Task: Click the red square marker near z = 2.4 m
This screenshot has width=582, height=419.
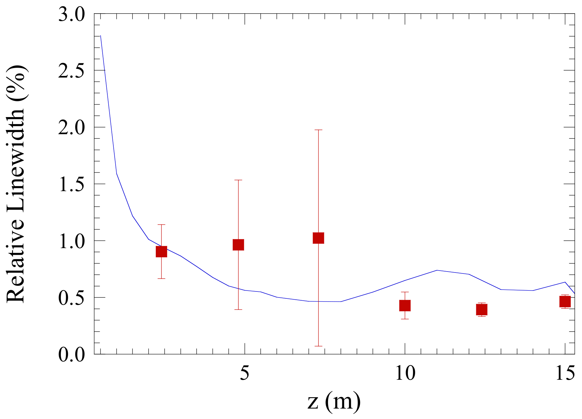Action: coord(161,252)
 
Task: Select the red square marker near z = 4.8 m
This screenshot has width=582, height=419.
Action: coord(238,245)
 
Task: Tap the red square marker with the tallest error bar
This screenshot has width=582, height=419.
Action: coord(318,238)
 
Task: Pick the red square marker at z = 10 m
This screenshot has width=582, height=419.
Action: coord(405,305)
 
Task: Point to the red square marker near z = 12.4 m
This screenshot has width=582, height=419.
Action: coord(482,310)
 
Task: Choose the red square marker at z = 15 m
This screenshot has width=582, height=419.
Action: coord(565,302)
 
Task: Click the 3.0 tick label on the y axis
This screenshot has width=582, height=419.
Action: coord(72,15)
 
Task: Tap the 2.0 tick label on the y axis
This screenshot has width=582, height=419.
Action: coord(72,128)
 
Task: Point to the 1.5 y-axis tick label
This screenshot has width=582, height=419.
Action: coord(72,184)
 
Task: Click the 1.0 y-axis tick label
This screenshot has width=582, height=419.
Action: coord(72,241)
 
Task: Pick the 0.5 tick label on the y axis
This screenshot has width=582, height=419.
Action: coord(72,297)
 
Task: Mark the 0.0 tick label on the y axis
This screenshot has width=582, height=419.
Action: coord(72,354)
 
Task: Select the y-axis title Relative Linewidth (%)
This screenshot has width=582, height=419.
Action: coord(16,184)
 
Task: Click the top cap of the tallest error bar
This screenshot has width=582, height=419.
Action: coord(318,130)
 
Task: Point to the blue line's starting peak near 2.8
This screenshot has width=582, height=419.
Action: coord(100,36)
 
